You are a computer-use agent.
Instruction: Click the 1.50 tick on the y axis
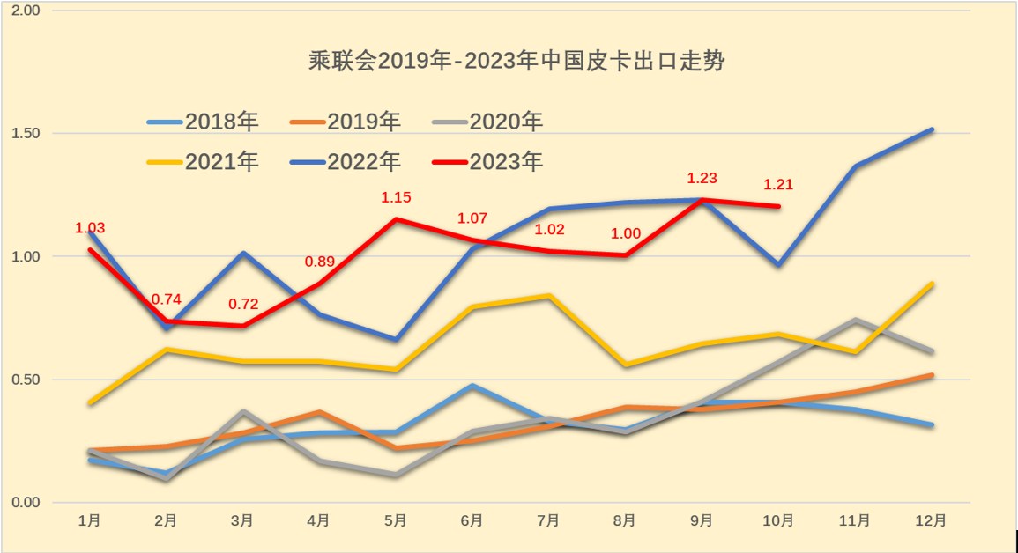coord(29,133)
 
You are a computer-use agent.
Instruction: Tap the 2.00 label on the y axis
coord(29,11)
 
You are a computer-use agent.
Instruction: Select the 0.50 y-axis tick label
coord(29,380)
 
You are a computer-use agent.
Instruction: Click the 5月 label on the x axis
coord(396,520)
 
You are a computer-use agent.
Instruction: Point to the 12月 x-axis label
coord(932,520)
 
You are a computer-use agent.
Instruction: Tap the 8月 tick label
coord(625,520)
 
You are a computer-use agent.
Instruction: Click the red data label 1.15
coord(396,197)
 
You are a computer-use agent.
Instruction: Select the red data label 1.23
coord(702,178)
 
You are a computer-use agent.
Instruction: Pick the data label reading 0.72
coord(243,305)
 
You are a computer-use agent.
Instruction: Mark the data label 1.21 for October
coord(778,185)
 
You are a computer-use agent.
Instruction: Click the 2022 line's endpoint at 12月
coord(932,130)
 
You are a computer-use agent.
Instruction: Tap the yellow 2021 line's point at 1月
coord(90,402)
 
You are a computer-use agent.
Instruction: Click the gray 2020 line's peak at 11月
coord(856,320)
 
